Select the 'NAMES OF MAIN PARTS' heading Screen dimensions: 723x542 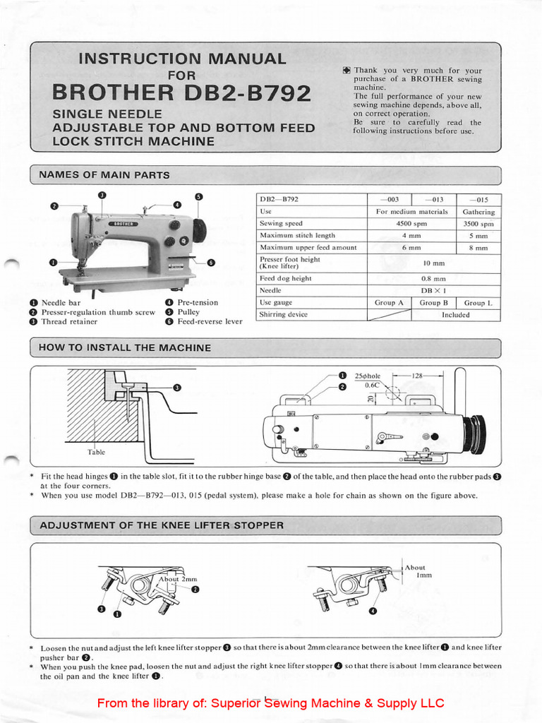click(104, 175)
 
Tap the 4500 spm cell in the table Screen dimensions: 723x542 click(412, 223)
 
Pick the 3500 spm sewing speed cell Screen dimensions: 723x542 click(478, 223)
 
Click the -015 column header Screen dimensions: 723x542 click(478, 199)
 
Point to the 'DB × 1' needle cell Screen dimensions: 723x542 click(434, 290)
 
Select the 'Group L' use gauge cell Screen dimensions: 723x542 click(478, 303)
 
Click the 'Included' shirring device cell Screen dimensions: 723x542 click(455, 315)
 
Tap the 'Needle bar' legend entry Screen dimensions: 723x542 click(61, 302)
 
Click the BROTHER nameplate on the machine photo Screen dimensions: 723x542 click(122, 222)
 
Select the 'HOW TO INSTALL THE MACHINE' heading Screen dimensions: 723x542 click(125, 348)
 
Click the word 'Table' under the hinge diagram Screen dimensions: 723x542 click(96, 452)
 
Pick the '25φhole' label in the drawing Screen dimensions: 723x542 click(368, 376)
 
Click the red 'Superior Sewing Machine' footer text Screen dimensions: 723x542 click(270, 703)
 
